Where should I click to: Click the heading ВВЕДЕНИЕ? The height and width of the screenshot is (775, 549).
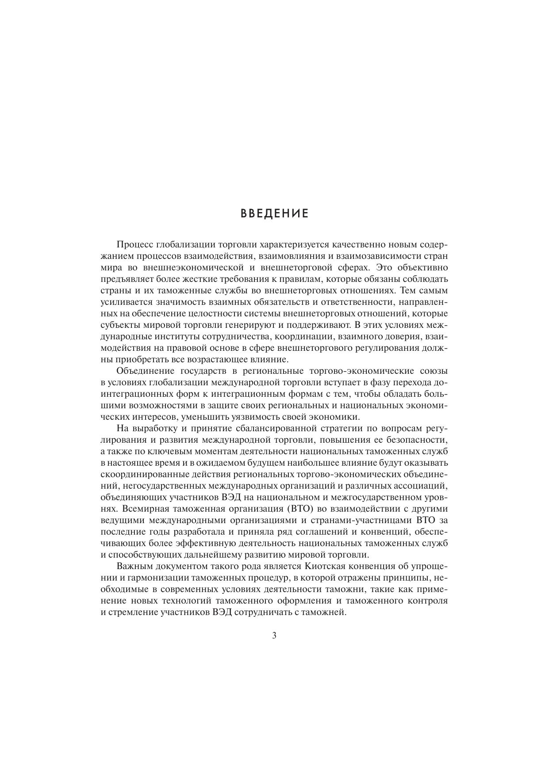pos(274,214)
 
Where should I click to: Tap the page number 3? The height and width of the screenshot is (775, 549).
pos(274,636)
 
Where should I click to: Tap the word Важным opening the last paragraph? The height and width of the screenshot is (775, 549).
pos(134,566)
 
